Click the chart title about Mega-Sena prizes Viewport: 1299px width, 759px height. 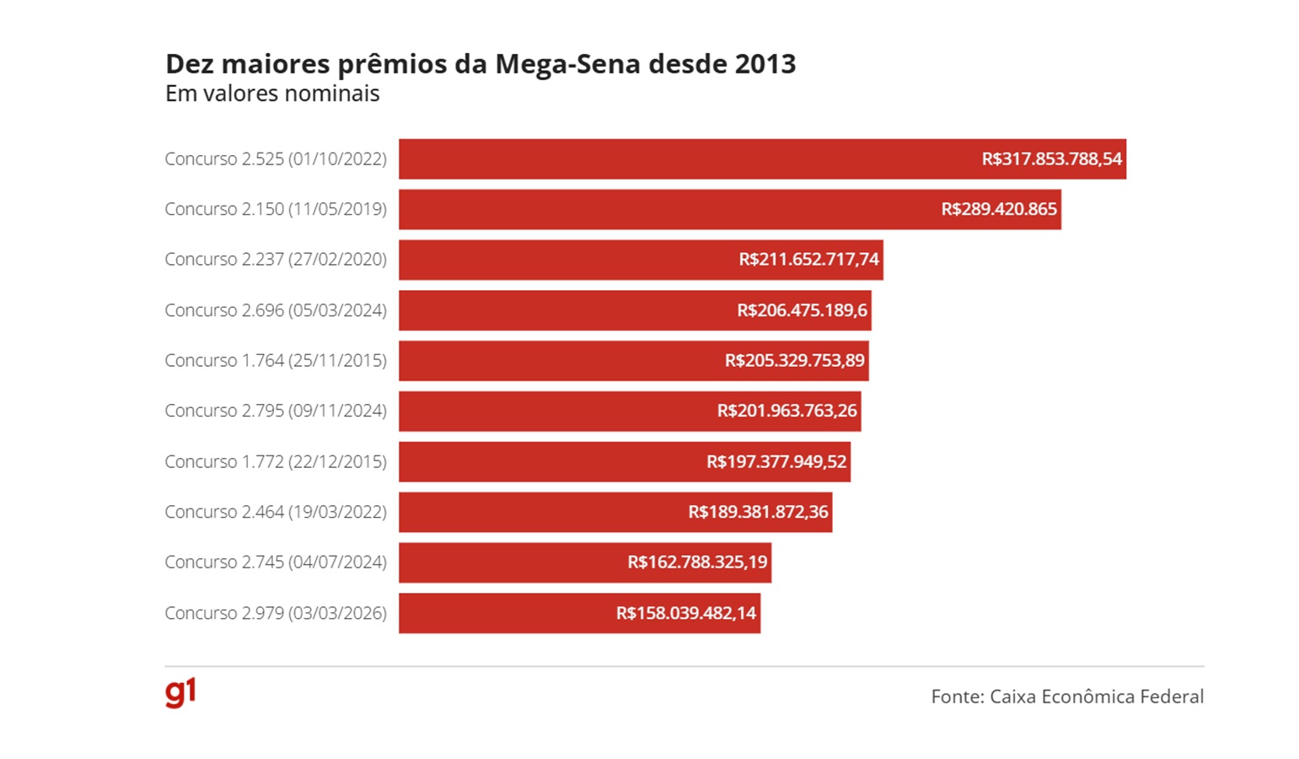[x=480, y=64]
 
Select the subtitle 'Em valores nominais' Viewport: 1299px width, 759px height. [x=272, y=94]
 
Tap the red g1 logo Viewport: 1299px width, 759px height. [x=180, y=692]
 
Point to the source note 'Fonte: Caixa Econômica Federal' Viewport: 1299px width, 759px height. [x=1066, y=697]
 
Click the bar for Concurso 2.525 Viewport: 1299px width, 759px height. [x=674, y=159]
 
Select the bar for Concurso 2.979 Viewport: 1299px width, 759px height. [x=506, y=613]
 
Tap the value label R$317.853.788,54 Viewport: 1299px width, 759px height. [x=1051, y=159]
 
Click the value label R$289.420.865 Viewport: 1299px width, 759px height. [x=998, y=209]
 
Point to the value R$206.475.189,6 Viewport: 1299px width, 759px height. [x=802, y=310]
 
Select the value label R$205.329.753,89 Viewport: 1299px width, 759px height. [x=794, y=361]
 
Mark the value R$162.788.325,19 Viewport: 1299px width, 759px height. [x=697, y=563]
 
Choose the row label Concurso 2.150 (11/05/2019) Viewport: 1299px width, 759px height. [x=276, y=209]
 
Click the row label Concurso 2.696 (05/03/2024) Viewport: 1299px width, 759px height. [x=276, y=310]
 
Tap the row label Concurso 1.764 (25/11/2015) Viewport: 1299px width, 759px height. [x=276, y=361]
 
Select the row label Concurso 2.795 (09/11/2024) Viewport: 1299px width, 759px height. [x=276, y=411]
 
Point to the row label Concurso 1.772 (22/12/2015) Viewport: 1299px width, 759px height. [x=276, y=461]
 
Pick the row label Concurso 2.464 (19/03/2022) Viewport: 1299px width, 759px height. [x=276, y=512]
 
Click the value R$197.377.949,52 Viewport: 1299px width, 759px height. [x=776, y=462]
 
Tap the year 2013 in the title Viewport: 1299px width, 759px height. [x=765, y=64]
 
